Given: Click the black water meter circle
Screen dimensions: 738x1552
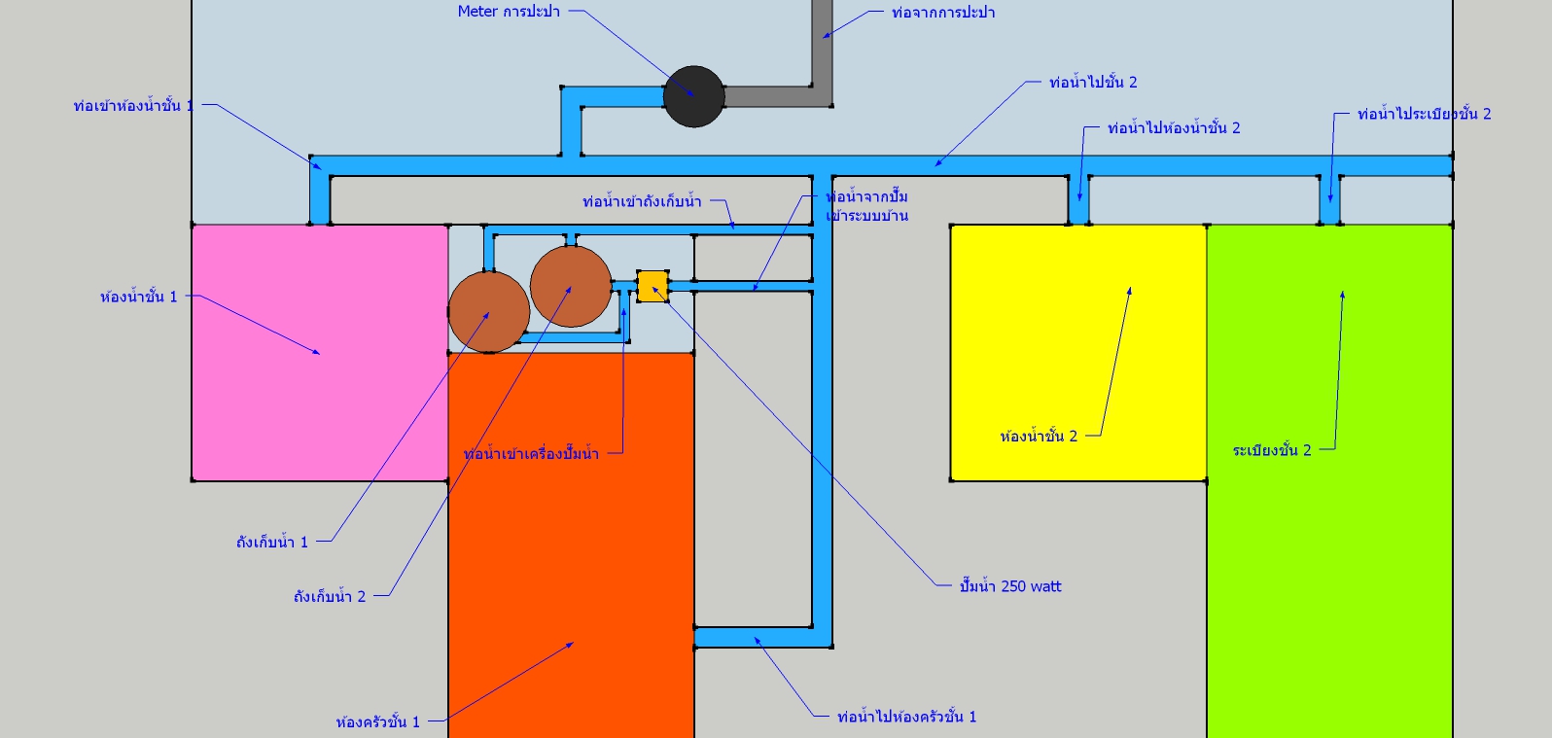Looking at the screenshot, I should (694, 96).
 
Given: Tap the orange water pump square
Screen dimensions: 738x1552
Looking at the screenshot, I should (652, 287).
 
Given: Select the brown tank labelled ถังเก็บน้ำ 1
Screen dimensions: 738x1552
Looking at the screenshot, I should (489, 312).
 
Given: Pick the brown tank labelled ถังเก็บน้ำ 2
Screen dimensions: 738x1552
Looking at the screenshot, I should (571, 286).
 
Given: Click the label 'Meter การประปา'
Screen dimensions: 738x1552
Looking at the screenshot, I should (509, 12).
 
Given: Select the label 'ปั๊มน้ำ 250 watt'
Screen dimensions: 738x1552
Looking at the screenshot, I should (1010, 586).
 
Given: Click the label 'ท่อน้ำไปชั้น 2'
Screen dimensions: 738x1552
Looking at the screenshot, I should (1093, 83).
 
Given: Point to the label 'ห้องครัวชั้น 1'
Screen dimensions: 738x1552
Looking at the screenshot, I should (377, 722).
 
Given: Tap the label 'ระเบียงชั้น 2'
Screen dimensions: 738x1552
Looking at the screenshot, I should (1272, 450).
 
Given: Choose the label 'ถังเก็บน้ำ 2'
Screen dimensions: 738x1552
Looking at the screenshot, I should (330, 596).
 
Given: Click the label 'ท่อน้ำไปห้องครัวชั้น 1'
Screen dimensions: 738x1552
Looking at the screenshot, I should (906, 717).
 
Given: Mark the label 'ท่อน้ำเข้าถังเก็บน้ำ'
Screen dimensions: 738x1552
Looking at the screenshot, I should (642, 202).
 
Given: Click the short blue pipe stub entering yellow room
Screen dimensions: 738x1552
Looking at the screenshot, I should (1078, 202).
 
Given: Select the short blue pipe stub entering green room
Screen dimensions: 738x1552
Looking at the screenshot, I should (1330, 202).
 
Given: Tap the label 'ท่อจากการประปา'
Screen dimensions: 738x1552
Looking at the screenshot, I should (943, 13).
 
